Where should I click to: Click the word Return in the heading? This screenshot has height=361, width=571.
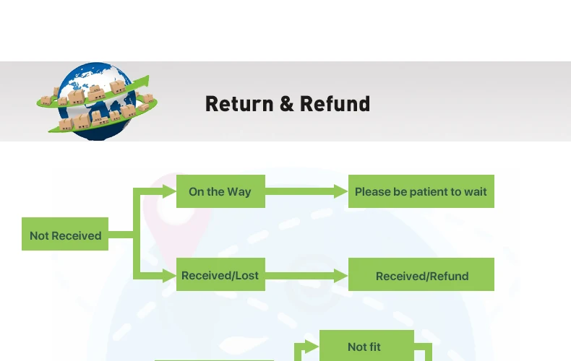pyautogui.click(x=239, y=104)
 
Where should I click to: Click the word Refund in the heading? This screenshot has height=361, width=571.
pyautogui.click(x=335, y=104)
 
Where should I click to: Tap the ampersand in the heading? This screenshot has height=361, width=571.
pyautogui.click(x=287, y=104)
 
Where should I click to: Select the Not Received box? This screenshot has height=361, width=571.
pyautogui.click(x=65, y=234)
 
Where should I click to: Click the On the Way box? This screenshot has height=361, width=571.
pyautogui.click(x=220, y=191)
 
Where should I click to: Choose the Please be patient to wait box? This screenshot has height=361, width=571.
pyautogui.click(x=421, y=191)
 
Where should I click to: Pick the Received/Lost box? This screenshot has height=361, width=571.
pyautogui.click(x=220, y=274)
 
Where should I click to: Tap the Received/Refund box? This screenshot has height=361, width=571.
pyautogui.click(x=421, y=274)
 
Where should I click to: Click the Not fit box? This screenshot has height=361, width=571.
pyautogui.click(x=366, y=346)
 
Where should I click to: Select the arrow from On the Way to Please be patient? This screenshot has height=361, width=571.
pyautogui.click(x=306, y=191)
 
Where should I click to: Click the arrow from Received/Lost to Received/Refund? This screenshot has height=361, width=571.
pyautogui.click(x=306, y=276)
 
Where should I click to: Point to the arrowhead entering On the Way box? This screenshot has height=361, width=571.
pyautogui.click(x=170, y=191)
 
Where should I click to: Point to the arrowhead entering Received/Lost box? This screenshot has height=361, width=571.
pyautogui.click(x=170, y=276)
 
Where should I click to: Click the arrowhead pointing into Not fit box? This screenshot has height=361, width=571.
pyautogui.click(x=312, y=347)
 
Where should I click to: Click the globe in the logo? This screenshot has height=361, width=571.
pyautogui.click(x=97, y=102)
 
